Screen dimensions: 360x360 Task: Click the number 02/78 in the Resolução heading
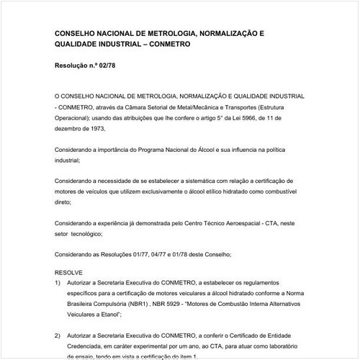point(104,66)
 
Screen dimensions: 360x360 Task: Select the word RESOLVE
point(69,276)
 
